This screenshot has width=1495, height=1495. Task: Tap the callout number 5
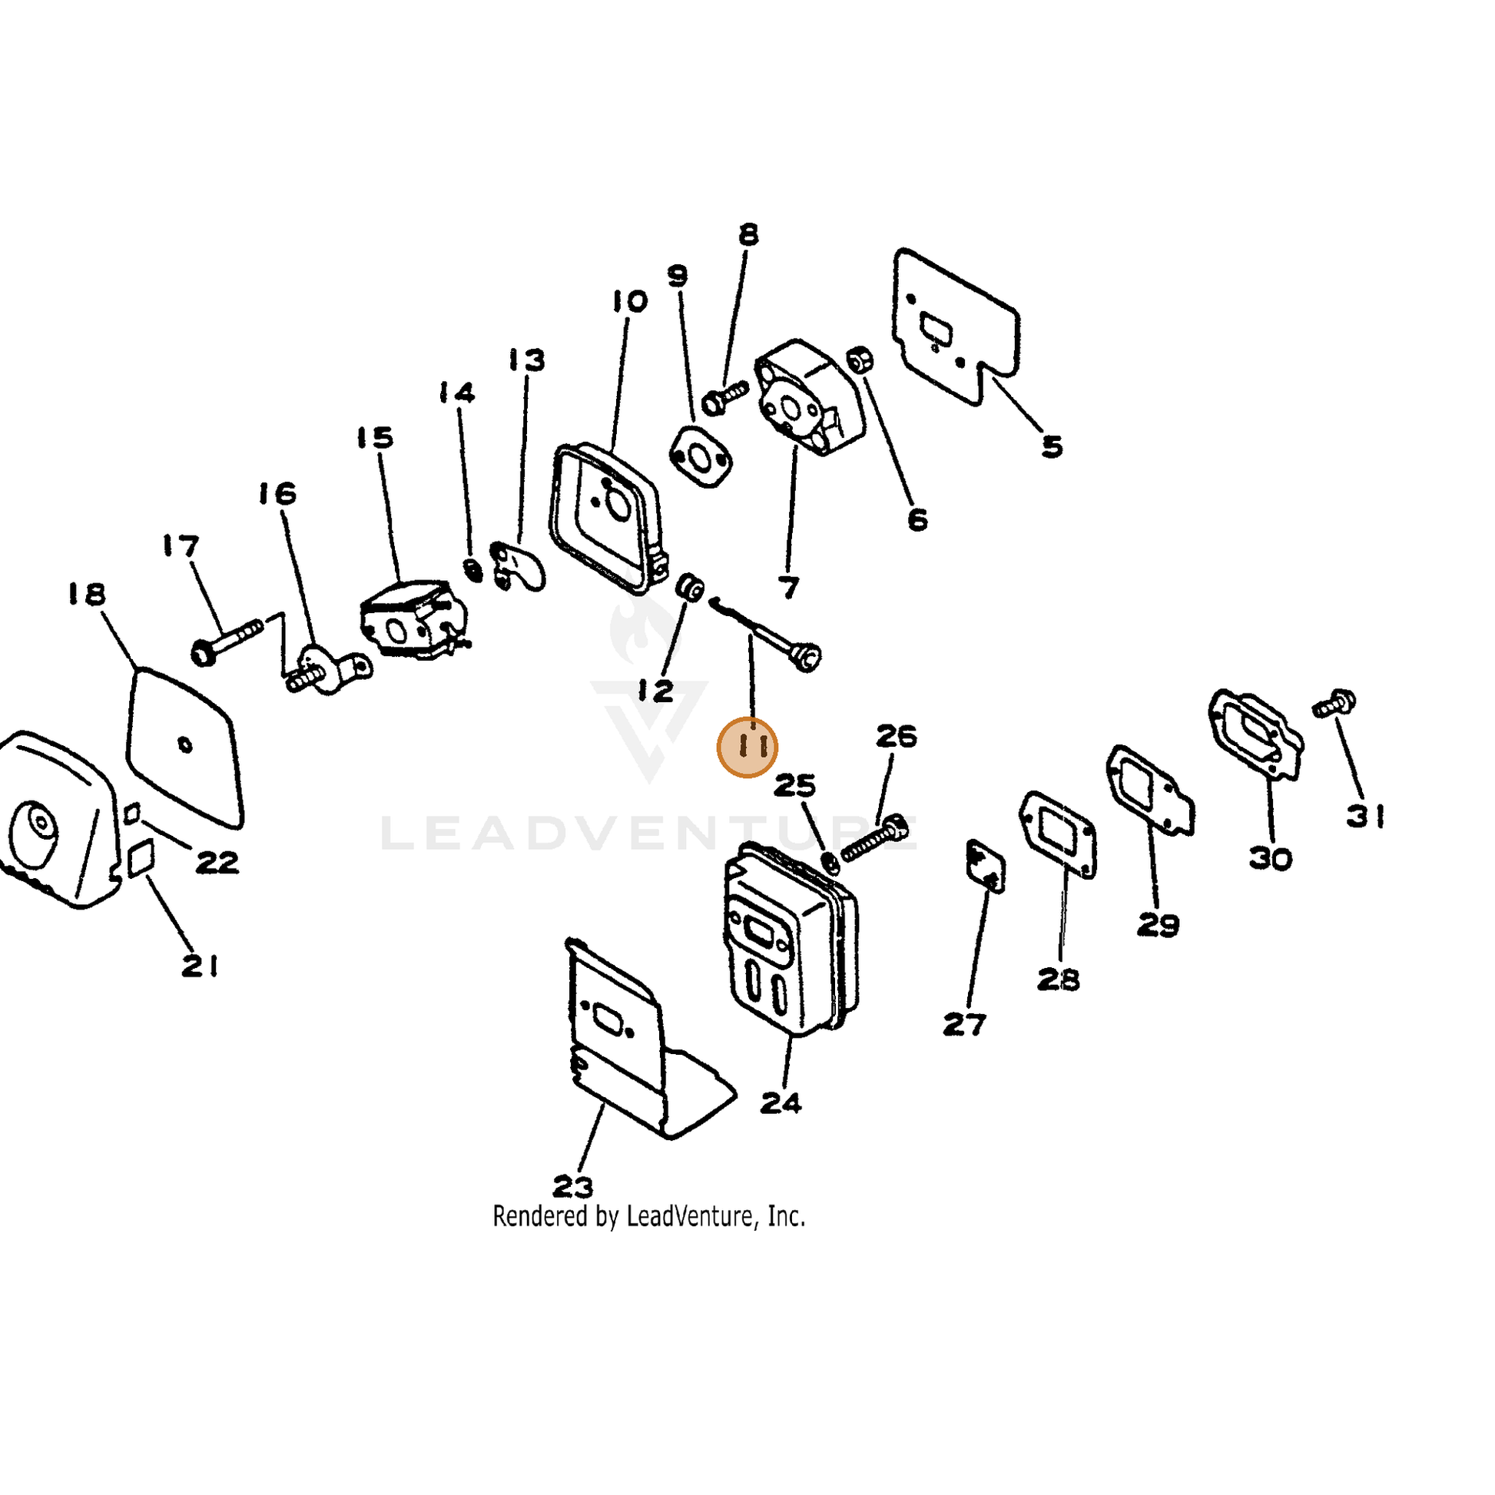[1052, 446]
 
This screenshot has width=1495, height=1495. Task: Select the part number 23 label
[573, 1186]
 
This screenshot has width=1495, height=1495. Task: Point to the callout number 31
[1366, 816]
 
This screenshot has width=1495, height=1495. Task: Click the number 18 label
[86, 595]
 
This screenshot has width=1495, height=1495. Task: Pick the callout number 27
[964, 1025]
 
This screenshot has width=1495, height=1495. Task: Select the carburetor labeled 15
[414, 619]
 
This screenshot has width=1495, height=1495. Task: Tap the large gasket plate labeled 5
[956, 325]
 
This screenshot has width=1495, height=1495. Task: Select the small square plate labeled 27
[986, 866]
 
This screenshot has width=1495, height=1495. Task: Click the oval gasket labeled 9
[701, 457]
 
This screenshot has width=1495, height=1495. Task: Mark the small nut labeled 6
[860, 359]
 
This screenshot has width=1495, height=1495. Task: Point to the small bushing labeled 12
[689, 587]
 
